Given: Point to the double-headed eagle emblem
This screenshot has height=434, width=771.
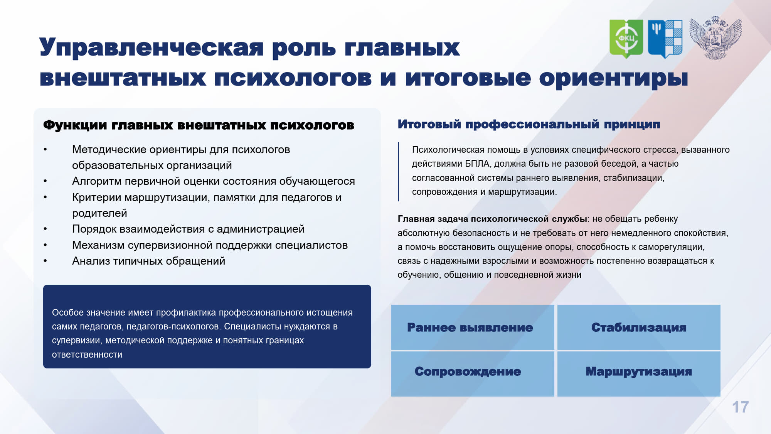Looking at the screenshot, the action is pos(715,38).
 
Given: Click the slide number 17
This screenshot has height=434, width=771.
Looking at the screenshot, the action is pos(740,407).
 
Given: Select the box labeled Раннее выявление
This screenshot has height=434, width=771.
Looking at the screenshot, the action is pos(473,327).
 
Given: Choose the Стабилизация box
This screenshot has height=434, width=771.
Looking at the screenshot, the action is pos(639,327).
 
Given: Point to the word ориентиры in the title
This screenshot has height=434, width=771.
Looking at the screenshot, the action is pos(613,79).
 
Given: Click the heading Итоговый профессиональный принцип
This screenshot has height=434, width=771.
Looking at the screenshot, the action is pos(529,124).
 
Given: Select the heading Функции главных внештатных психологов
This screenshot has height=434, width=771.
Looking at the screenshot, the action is pos(199,125).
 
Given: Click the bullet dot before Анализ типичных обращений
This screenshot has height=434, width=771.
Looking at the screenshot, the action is pos(45,261).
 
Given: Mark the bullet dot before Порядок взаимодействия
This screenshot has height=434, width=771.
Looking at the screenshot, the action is pos(45,229).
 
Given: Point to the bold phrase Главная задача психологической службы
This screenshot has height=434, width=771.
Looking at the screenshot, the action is pos(492,219).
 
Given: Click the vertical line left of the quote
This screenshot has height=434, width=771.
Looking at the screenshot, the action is pos(398,172).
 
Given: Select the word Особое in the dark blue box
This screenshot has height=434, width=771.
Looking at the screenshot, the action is pos(68,312).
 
